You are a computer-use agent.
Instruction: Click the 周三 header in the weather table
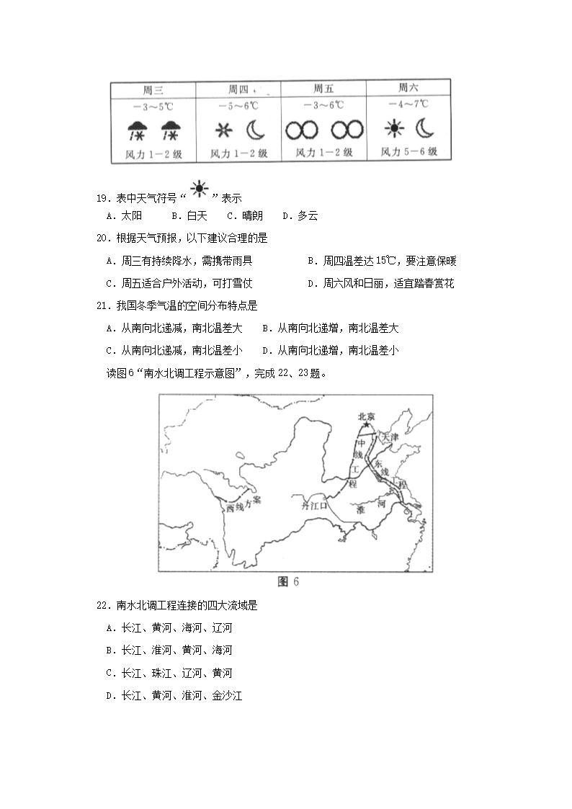click(153, 90)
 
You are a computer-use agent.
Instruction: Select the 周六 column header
click(408, 88)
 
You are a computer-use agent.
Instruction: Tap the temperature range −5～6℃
click(238, 106)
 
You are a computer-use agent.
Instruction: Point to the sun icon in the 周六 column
click(394, 130)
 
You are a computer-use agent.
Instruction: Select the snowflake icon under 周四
click(221, 131)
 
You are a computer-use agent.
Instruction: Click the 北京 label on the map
click(367, 416)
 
